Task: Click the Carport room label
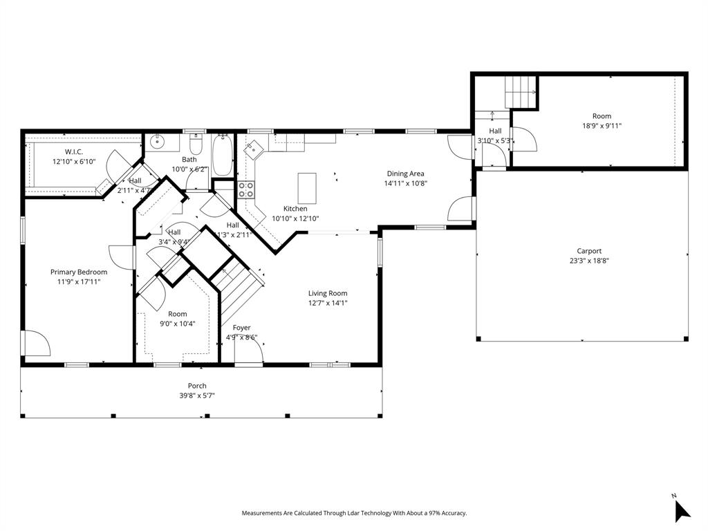point(589,251)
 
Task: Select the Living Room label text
point(328,293)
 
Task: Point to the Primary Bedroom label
point(79,272)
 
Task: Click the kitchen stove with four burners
point(246,189)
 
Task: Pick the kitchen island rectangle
point(307,186)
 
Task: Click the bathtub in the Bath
point(222,156)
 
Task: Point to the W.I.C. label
point(74,151)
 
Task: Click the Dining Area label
point(404,174)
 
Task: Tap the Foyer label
point(241,328)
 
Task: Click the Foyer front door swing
point(250,350)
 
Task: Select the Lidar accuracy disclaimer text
point(354,513)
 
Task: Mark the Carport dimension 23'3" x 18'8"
point(589,261)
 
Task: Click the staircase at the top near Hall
point(521,91)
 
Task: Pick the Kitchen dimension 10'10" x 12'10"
point(295,218)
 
